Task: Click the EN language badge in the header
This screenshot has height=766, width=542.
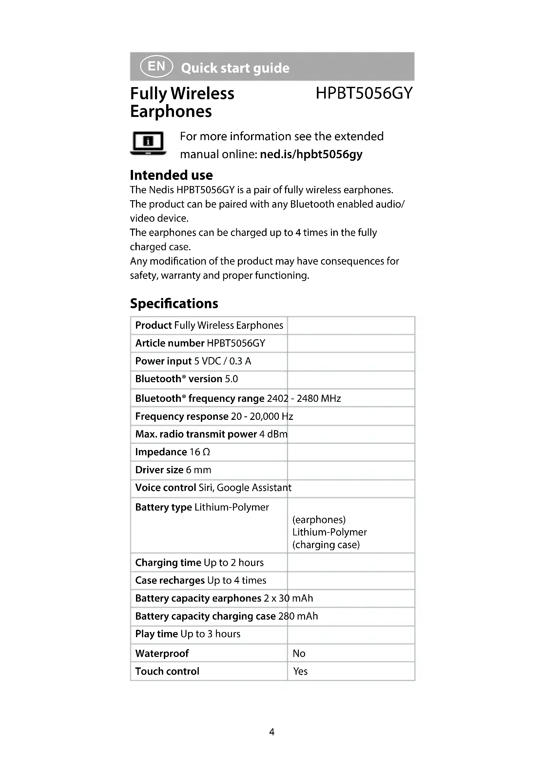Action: point(156,66)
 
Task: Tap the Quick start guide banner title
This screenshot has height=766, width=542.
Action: point(235,68)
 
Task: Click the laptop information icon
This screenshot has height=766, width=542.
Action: point(148,143)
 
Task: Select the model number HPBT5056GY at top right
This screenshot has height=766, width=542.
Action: point(364,93)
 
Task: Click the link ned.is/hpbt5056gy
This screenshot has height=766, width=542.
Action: point(311,154)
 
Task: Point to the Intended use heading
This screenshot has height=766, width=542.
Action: point(171,175)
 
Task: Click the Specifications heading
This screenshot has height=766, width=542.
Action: point(174,304)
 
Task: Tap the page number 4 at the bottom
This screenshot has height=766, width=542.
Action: point(272,732)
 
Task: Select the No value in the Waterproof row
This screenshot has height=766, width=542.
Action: point(299,653)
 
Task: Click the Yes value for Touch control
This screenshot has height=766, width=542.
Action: point(300,671)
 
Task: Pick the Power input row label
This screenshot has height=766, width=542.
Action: point(163,361)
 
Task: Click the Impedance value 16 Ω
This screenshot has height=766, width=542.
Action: point(200,452)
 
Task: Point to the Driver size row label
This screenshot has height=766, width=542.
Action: point(159,470)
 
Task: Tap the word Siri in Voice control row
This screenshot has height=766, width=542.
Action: point(206,488)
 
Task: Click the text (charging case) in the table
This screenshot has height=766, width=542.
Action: point(326,545)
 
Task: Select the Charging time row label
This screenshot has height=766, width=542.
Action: point(168,563)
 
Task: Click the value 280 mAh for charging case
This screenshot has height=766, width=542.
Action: point(298,616)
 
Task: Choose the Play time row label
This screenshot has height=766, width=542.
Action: point(156,634)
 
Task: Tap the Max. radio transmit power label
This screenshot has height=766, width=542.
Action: point(196,434)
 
